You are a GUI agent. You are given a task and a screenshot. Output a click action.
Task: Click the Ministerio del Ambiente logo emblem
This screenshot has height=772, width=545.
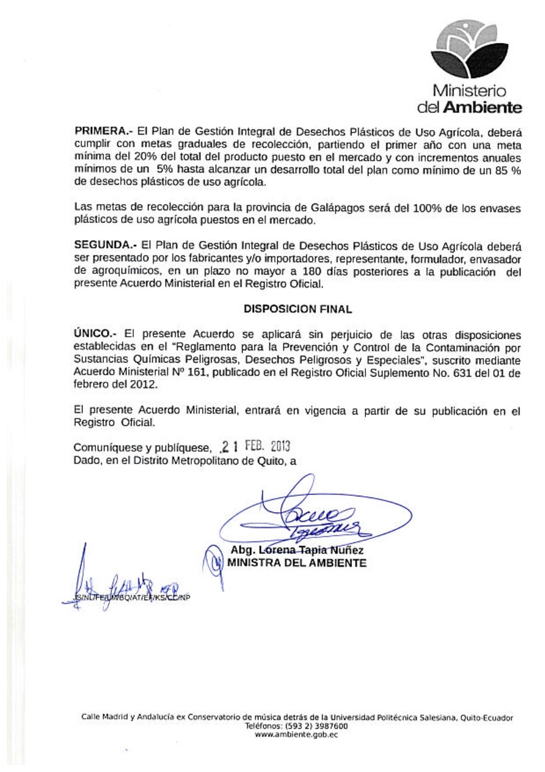[x=469, y=53]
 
